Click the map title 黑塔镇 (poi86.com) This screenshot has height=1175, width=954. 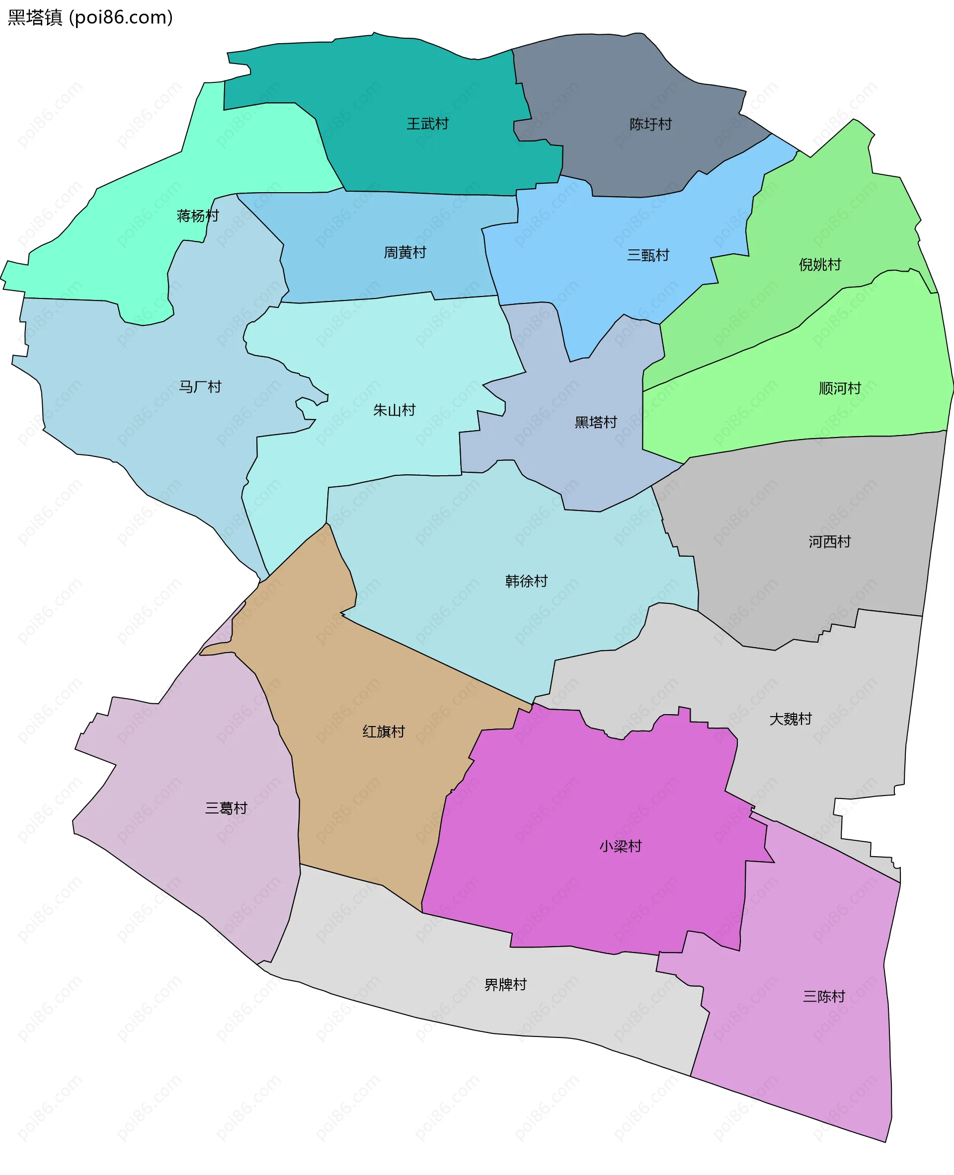pyautogui.click(x=90, y=17)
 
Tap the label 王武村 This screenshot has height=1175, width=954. pyautogui.click(x=427, y=124)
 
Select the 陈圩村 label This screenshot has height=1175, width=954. pyautogui.click(x=650, y=124)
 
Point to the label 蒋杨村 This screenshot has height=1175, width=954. pyautogui.click(x=198, y=216)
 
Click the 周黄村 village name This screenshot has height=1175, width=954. pyautogui.click(x=405, y=253)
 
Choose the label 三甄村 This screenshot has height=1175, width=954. pyautogui.click(x=648, y=255)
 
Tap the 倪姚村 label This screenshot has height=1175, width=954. pyautogui.click(x=820, y=265)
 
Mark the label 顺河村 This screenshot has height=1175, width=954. pyautogui.click(x=840, y=388)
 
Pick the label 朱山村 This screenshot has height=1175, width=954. pyautogui.click(x=394, y=410)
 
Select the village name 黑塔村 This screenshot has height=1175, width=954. pyautogui.click(x=596, y=422)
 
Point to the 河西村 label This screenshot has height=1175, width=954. pyautogui.click(x=829, y=542)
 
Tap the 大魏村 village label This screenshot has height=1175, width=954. pyautogui.click(x=790, y=719)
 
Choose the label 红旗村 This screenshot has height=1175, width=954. pyautogui.click(x=384, y=732)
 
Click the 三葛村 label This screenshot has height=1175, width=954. pyautogui.click(x=226, y=808)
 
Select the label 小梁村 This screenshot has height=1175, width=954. pyautogui.click(x=621, y=846)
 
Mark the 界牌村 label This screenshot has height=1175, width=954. pyautogui.click(x=505, y=984)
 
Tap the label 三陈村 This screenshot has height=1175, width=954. pyautogui.click(x=824, y=997)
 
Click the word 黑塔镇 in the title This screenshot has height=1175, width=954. pyautogui.click(x=35, y=17)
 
